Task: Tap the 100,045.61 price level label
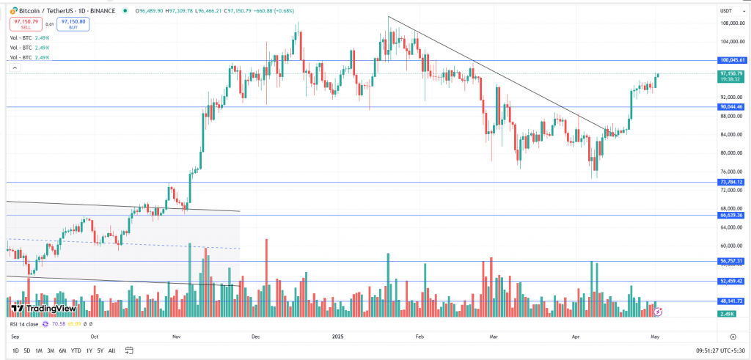(x=731, y=60)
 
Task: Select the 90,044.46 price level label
(x=731, y=107)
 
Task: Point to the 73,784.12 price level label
(x=731, y=182)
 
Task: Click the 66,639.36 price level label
(x=731, y=216)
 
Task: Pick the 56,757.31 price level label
(x=731, y=261)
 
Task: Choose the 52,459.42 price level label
(x=731, y=281)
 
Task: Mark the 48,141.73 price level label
(x=731, y=301)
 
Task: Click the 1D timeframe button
(x=15, y=350)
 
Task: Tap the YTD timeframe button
(x=76, y=350)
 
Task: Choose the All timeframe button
(x=111, y=350)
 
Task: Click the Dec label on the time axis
(x=255, y=336)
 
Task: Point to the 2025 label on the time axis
(x=337, y=336)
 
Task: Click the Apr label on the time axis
(x=576, y=336)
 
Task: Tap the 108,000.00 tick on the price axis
(x=730, y=23)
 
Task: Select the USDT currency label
(x=727, y=10)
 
